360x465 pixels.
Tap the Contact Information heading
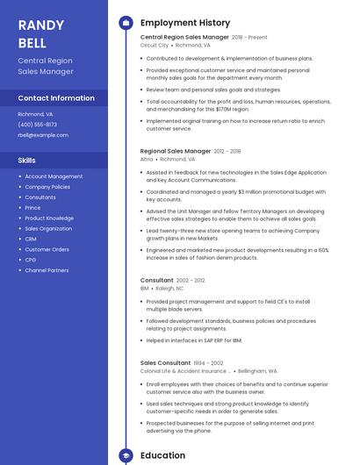(56, 98)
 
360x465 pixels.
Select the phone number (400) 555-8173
(37, 125)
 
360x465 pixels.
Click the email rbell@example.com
(43, 135)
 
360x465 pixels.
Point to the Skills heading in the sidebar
(27, 161)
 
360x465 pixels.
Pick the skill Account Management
(54, 176)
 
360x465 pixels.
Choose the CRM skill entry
(31, 239)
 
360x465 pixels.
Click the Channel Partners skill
(47, 270)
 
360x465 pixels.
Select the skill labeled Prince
(33, 208)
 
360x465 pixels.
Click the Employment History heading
(185, 23)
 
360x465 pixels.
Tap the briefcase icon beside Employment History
(126, 23)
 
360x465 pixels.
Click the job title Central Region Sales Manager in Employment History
(184, 38)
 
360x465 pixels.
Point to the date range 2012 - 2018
(227, 152)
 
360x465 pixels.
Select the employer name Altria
(147, 160)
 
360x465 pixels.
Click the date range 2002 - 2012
(191, 280)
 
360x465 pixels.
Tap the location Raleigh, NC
(170, 288)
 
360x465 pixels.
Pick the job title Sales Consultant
(165, 362)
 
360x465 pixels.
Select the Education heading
(163, 455)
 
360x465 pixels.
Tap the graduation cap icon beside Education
(126, 455)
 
